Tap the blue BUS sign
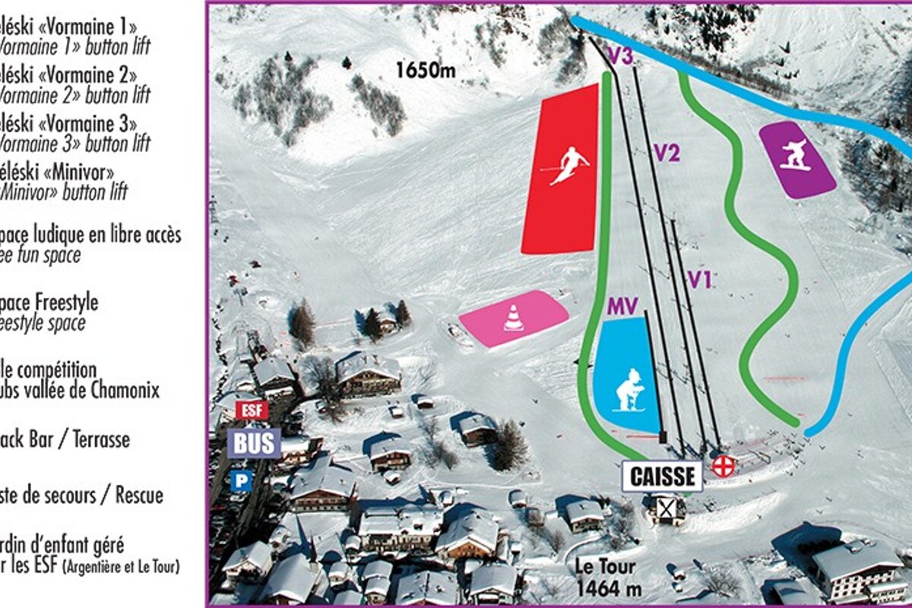[254, 443]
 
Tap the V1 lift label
[700, 280]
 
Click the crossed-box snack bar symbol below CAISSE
[667, 508]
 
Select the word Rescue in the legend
[139, 496]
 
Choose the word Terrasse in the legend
[99, 439]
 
